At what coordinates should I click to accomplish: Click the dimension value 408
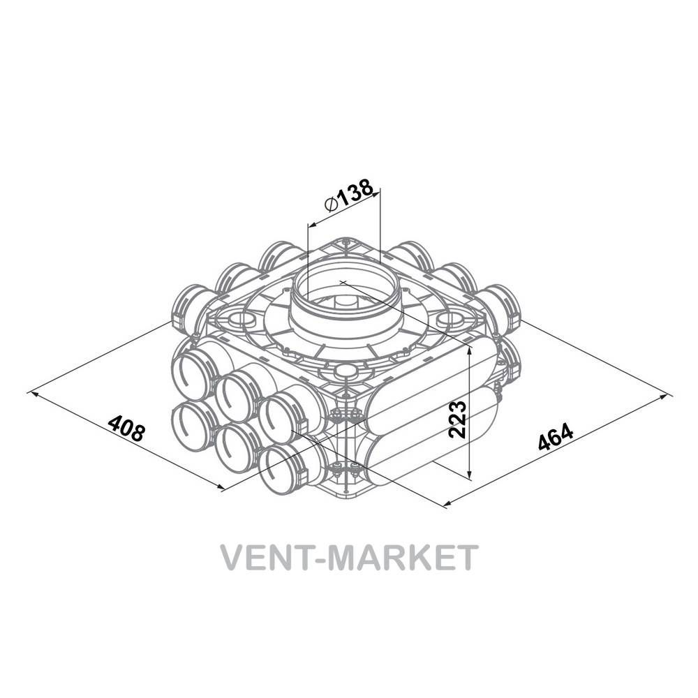(127, 428)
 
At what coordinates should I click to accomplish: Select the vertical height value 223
(457, 419)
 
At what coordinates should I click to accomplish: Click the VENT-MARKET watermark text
(350, 557)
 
